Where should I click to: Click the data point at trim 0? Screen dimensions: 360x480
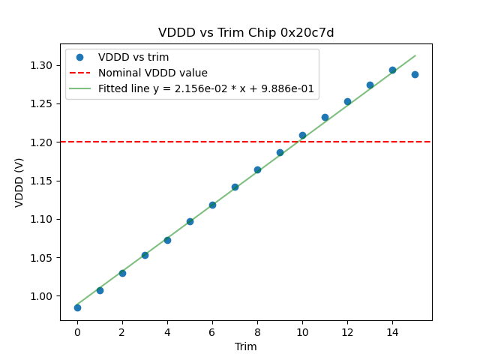click(x=77, y=307)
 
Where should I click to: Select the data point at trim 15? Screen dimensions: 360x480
click(x=415, y=74)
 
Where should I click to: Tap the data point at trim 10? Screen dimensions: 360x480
click(x=302, y=136)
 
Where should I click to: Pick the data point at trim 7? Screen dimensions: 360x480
click(x=235, y=187)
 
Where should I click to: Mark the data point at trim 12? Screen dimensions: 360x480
click(x=347, y=101)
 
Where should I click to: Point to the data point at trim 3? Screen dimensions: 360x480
click(x=145, y=255)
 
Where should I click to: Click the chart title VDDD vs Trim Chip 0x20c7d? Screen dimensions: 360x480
click(x=246, y=33)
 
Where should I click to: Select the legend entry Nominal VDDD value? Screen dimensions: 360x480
click(x=153, y=73)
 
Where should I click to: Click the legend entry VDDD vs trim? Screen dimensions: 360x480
click(x=133, y=57)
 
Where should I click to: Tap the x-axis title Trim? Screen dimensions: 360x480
click(x=246, y=346)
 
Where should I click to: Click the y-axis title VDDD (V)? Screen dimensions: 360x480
click(x=19, y=181)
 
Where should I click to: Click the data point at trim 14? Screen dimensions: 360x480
click(x=392, y=70)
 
